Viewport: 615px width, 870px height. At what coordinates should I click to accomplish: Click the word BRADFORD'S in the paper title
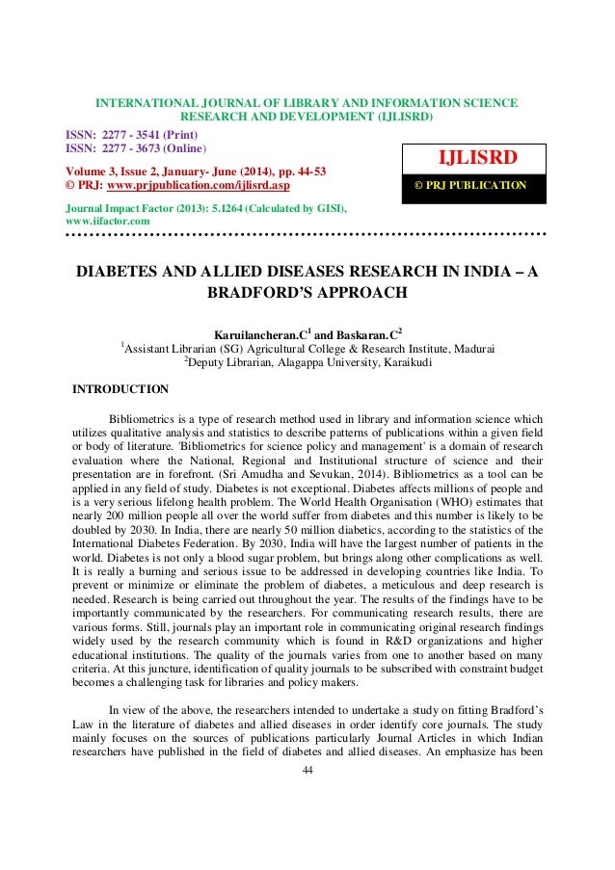tap(257, 292)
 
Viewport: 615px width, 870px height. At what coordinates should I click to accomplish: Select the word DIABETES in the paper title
tap(122, 272)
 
